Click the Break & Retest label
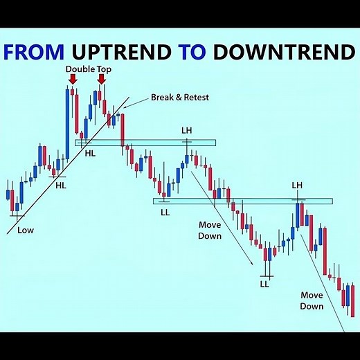coord(179,98)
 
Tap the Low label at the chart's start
coord(26,230)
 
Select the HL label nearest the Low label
coord(61,185)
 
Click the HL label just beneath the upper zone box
coord(90,152)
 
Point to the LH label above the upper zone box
coord(187,129)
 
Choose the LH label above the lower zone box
coord(298,185)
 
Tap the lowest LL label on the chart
coord(264,284)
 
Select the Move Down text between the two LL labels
coord(210,231)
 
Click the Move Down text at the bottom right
coord(312,300)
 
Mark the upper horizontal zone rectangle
coord(145,143)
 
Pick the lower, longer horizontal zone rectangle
coord(242,201)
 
